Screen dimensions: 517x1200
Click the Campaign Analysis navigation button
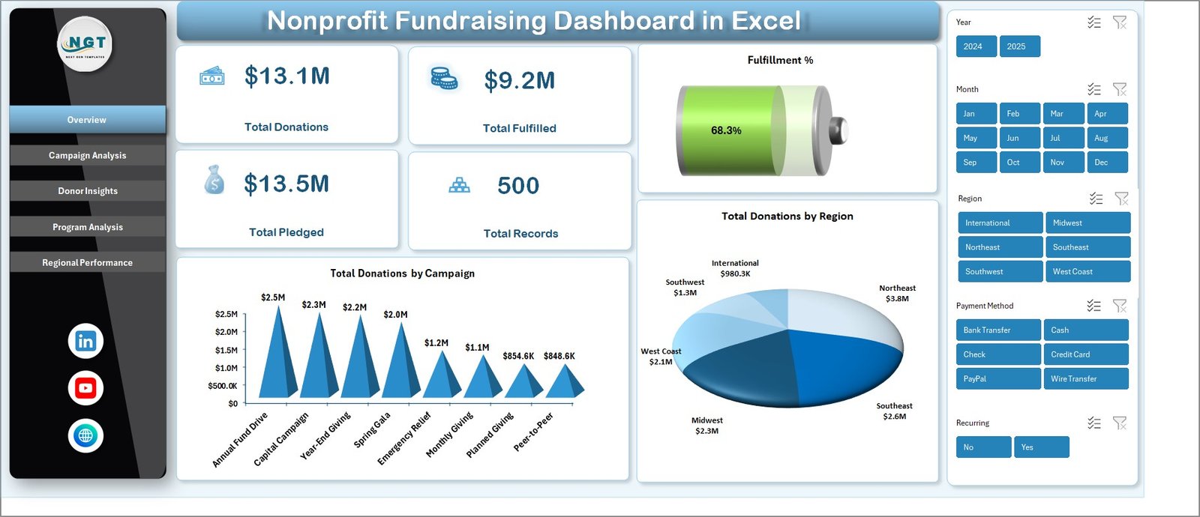(x=87, y=155)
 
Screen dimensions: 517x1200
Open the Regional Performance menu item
(x=87, y=262)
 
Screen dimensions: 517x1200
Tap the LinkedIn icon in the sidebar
(x=85, y=341)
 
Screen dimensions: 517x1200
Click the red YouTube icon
(x=85, y=388)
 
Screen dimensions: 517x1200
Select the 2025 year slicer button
(x=1018, y=46)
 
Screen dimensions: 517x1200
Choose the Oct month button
(x=1018, y=162)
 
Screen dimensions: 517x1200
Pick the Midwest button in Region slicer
(x=1087, y=223)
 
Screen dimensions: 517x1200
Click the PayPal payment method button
(x=997, y=378)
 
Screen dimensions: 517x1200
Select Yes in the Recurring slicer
(x=1040, y=447)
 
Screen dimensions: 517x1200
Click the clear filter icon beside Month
(x=1120, y=89)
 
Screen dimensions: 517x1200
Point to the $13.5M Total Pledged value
(x=286, y=184)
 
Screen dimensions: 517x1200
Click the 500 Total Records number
(x=518, y=186)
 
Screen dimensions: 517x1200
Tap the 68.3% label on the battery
(x=726, y=130)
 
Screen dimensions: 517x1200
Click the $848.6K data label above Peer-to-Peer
(x=559, y=356)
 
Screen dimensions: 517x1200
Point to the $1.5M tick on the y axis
(x=226, y=350)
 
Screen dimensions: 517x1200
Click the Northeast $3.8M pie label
(x=897, y=293)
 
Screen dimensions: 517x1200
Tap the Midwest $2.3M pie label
(x=706, y=426)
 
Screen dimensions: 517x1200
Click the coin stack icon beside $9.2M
(x=443, y=78)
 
